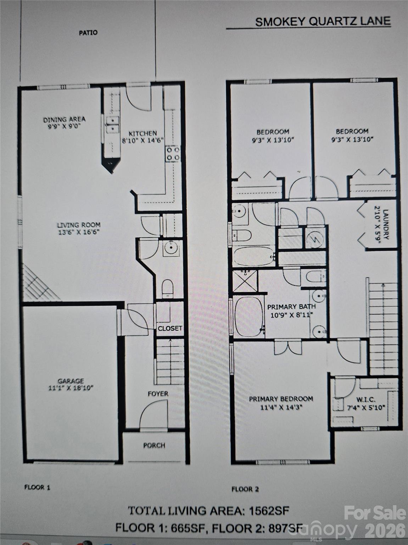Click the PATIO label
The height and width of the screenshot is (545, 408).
point(88,33)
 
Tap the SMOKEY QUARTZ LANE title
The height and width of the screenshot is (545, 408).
point(323,21)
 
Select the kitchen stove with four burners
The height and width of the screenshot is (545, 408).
point(173,154)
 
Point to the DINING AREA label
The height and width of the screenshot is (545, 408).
point(64,120)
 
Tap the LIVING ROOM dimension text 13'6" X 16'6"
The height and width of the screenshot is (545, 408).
point(79,232)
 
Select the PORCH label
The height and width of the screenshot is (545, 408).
point(154,445)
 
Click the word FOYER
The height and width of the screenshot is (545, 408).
point(158,393)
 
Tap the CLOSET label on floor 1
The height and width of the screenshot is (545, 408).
point(170,328)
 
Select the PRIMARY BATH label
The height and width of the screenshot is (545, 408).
point(291,307)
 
